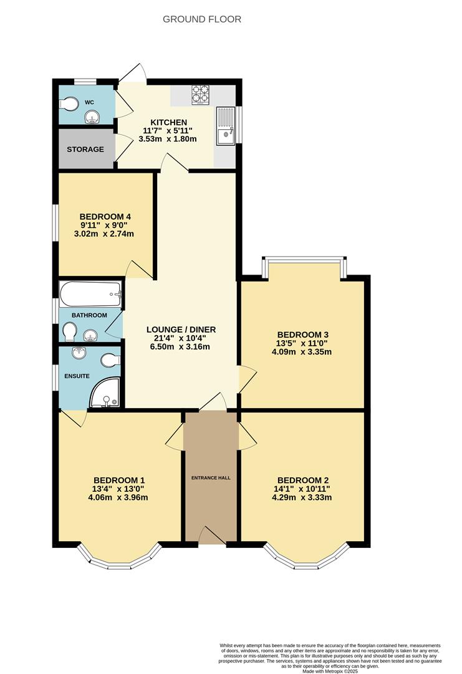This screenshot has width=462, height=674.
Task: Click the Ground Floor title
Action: tap(202, 19)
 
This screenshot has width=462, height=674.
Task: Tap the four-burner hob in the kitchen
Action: tap(201, 95)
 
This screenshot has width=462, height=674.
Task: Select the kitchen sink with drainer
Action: tap(226, 125)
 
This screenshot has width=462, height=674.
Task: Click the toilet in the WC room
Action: tap(68, 104)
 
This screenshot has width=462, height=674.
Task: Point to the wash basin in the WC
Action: tap(92, 117)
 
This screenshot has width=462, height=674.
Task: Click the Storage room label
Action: tap(85, 149)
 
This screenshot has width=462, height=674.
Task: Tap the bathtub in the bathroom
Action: tap(90, 295)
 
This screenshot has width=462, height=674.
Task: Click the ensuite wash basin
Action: tap(79, 353)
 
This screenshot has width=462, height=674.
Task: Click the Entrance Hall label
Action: tap(211, 477)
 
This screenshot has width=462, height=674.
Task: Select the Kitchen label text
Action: tap(168, 122)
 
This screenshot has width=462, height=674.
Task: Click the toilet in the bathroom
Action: tap(69, 332)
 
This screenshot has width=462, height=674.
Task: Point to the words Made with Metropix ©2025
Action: tap(330, 670)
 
